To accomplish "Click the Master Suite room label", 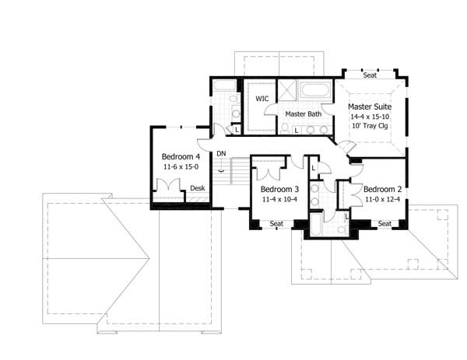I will [x=369, y=107].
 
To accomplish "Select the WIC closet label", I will [x=262, y=99].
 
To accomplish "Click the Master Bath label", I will [x=304, y=114].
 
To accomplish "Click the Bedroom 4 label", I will [x=181, y=155].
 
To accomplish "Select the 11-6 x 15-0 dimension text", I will [x=181, y=166].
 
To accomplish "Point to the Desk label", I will [x=198, y=188].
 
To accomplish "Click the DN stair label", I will [x=221, y=153].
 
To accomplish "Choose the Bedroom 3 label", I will [x=280, y=190].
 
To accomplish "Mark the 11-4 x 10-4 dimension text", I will [x=280, y=200].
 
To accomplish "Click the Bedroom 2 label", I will [x=382, y=189].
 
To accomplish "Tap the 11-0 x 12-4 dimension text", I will [x=382, y=199].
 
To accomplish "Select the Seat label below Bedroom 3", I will [x=276, y=224].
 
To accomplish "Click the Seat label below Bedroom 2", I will [x=384, y=224].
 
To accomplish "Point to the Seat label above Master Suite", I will [x=370, y=75].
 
